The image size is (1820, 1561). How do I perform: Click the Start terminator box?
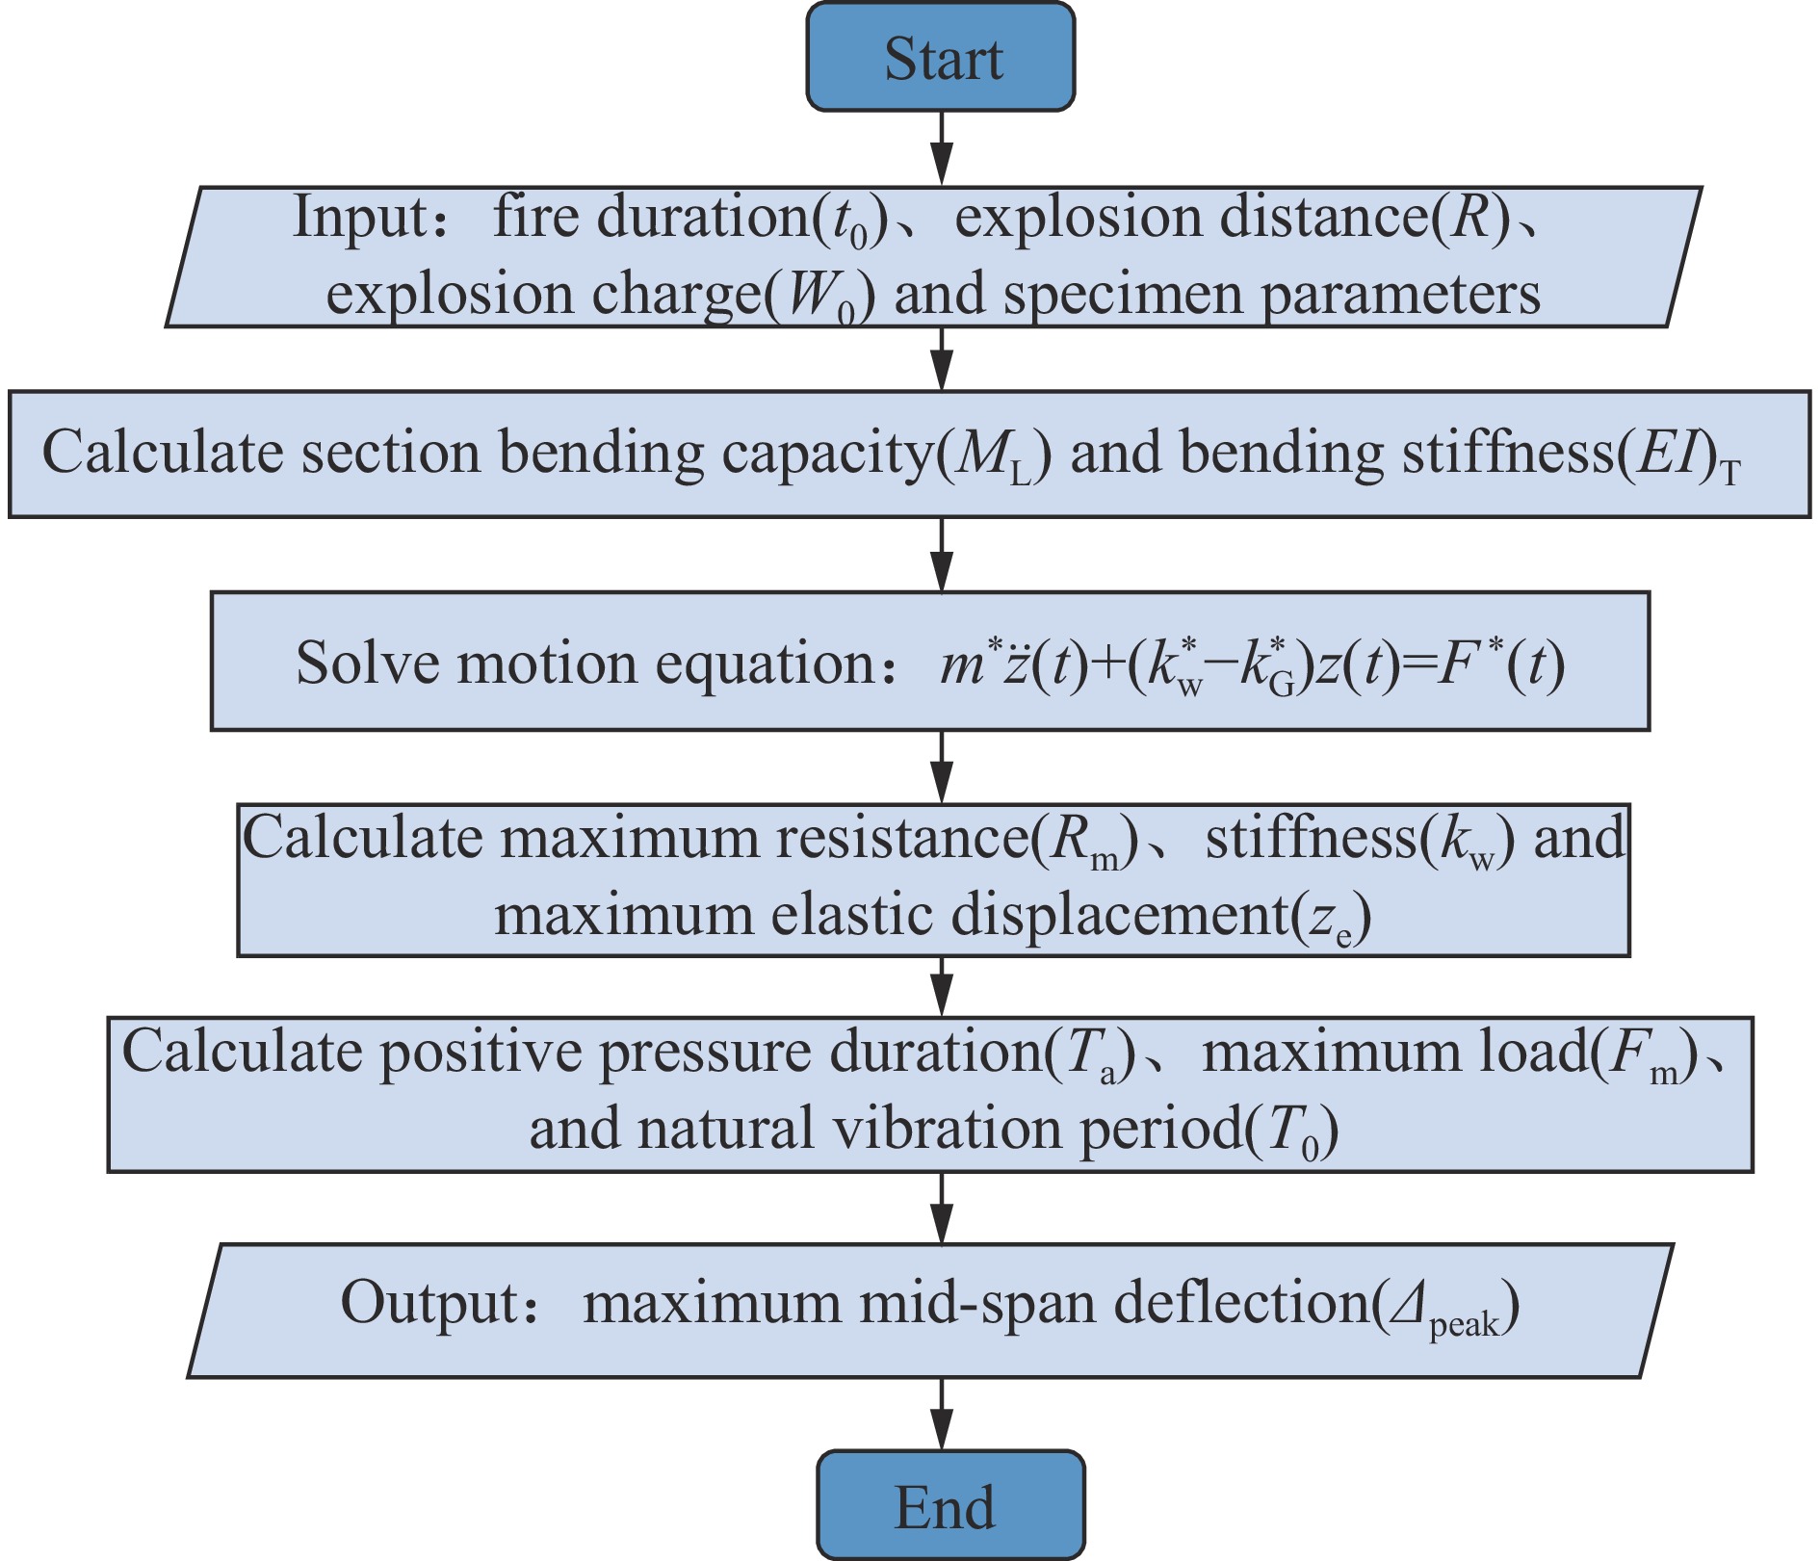tap(941, 57)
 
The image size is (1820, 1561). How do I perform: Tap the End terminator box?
tap(950, 1504)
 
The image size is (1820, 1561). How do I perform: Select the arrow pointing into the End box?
tap(942, 1414)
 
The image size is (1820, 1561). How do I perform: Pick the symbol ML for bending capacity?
tap(993, 455)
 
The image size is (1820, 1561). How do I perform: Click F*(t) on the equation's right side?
tap(1499, 664)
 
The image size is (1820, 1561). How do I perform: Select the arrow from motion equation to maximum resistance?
tap(942, 767)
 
